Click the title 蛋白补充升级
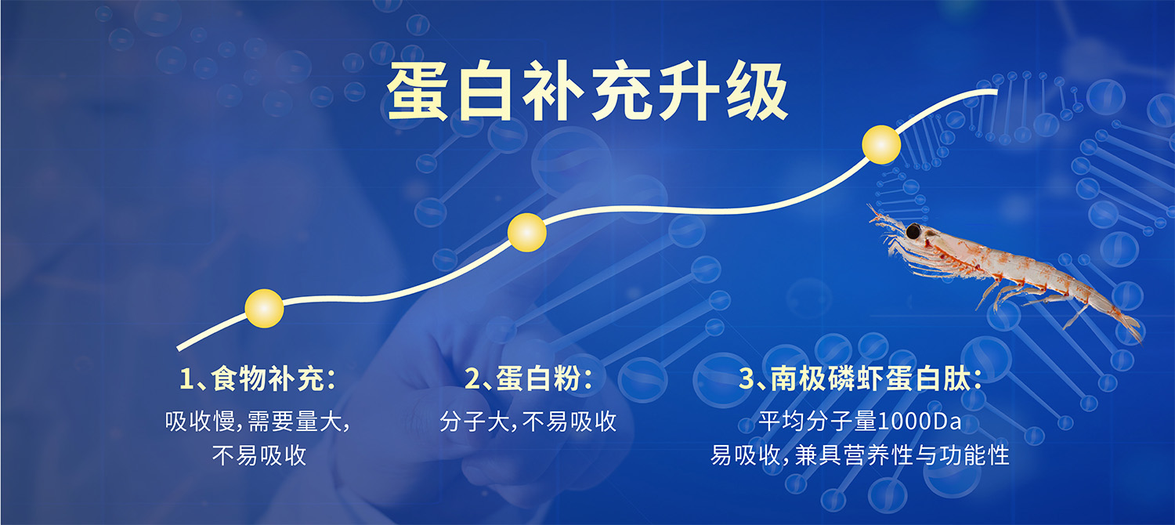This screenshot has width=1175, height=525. coord(587,92)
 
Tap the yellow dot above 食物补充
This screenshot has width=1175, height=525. coord(264,308)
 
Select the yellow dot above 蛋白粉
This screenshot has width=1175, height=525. coord(526,232)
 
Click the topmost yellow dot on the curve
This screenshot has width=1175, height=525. coord(881,145)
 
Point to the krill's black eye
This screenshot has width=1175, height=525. coord(913,230)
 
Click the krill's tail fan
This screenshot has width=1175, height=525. coord(1129,324)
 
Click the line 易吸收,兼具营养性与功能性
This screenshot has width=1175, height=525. coord(860,455)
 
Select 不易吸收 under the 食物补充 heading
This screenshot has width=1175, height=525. coord(258,455)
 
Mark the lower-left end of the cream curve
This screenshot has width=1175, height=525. coord(179,348)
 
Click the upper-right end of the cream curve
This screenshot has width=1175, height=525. coord(995,92)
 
